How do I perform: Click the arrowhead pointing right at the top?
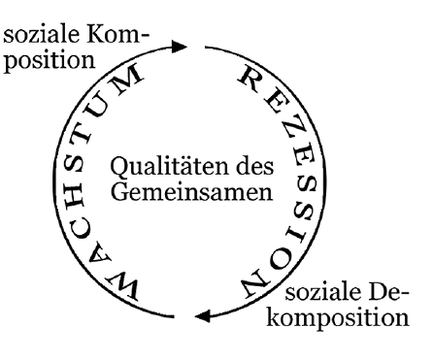(179, 47)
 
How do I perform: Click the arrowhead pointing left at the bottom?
(203, 315)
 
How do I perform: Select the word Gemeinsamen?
(192, 192)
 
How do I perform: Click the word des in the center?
(255, 166)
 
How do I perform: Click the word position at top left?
(50, 60)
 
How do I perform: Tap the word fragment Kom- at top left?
(117, 34)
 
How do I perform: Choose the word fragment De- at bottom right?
(388, 292)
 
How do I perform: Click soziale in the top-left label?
(41, 34)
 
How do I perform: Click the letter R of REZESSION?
(250, 79)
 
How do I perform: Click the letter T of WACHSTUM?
(80, 135)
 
